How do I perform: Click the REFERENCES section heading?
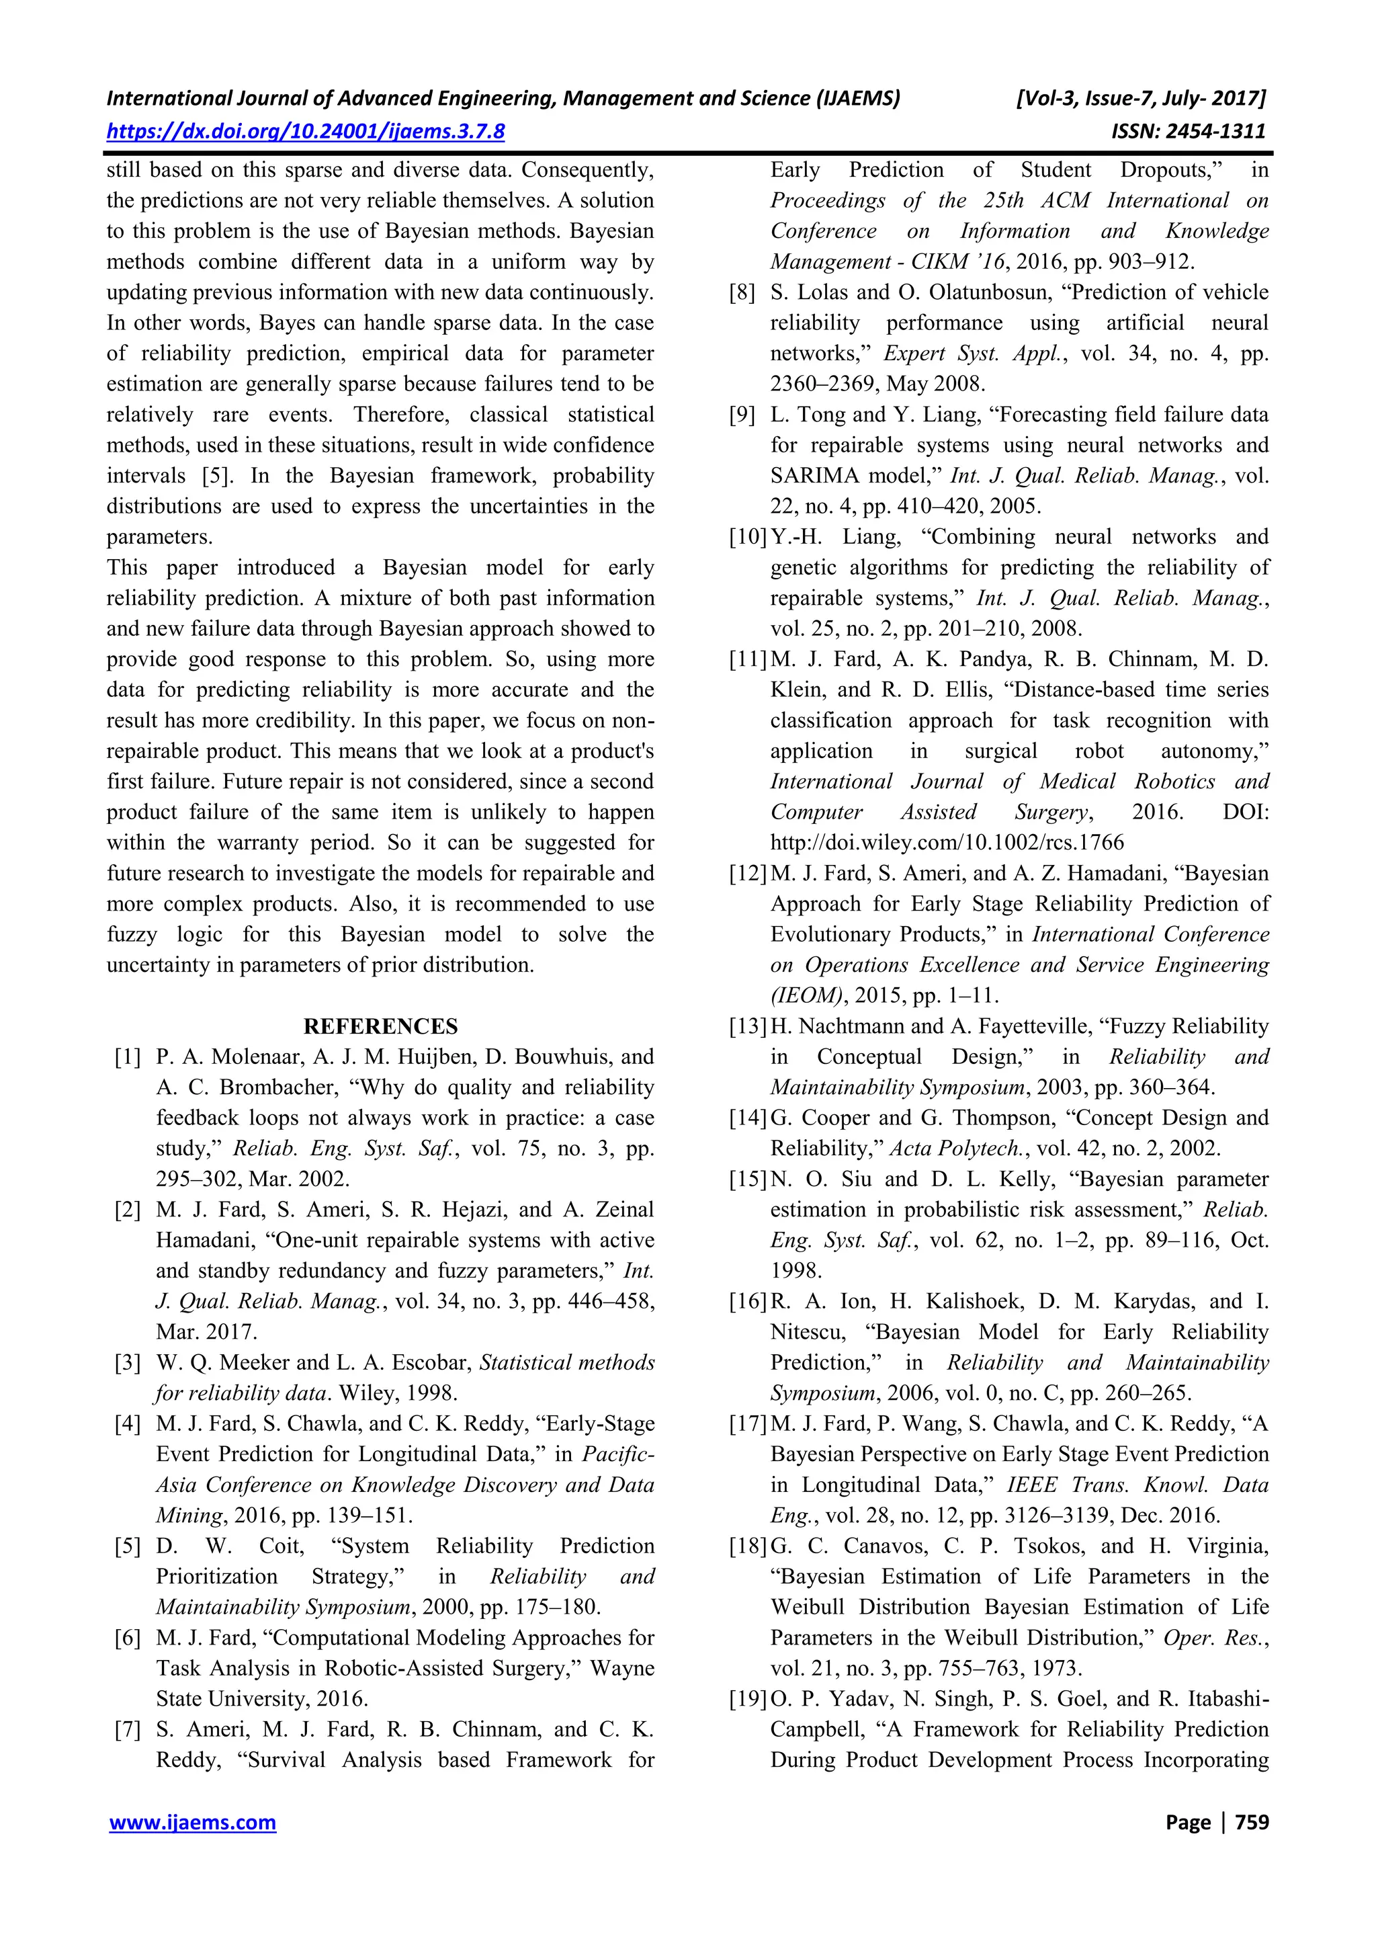pyautogui.click(x=381, y=1026)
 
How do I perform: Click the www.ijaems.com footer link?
pyautogui.click(x=192, y=1823)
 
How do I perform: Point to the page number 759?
pyautogui.click(x=1252, y=1823)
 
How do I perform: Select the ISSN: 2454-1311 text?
pyautogui.click(x=1188, y=132)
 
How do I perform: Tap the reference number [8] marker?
pyautogui.click(x=742, y=292)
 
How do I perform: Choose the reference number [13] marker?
pyautogui.click(x=748, y=1026)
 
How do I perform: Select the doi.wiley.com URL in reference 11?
pyautogui.click(x=947, y=843)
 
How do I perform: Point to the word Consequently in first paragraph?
pyautogui.click(x=587, y=169)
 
